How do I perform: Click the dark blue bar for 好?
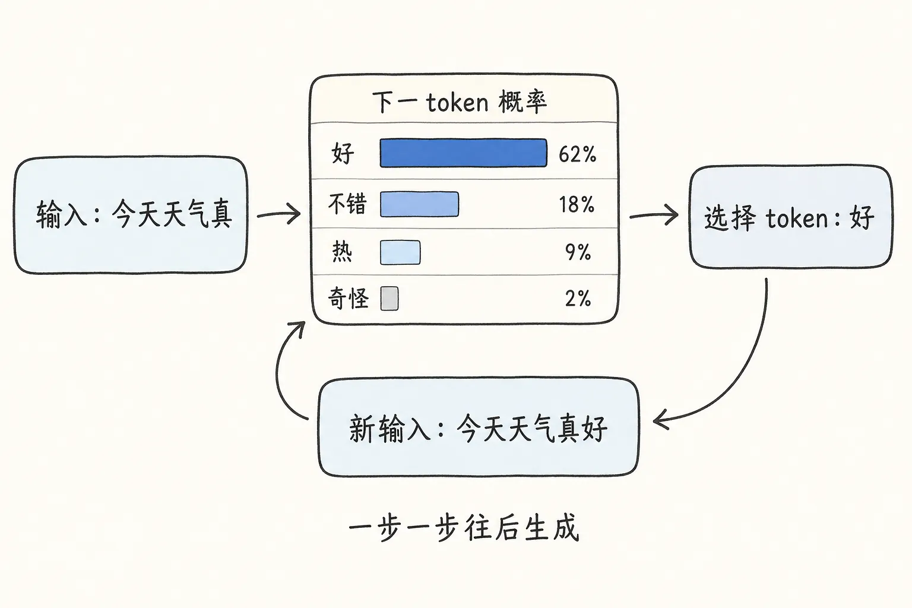coord(463,153)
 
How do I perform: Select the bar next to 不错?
coord(419,204)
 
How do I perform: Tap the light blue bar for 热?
coord(400,252)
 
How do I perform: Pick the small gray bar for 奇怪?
coord(389,299)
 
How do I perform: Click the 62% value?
coord(577,154)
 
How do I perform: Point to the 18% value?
coord(576,205)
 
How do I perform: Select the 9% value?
coord(578,252)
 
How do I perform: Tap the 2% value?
coord(578,299)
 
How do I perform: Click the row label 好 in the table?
coord(343,153)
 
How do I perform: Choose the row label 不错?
coord(347,204)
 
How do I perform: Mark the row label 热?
coord(342,252)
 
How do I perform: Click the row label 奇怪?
coord(349,298)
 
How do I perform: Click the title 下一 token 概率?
coord(459,102)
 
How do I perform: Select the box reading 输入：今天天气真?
coord(131,215)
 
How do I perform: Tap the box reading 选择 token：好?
coord(790,217)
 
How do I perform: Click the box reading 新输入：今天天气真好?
coord(478,427)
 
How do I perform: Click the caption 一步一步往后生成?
coord(463,528)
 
